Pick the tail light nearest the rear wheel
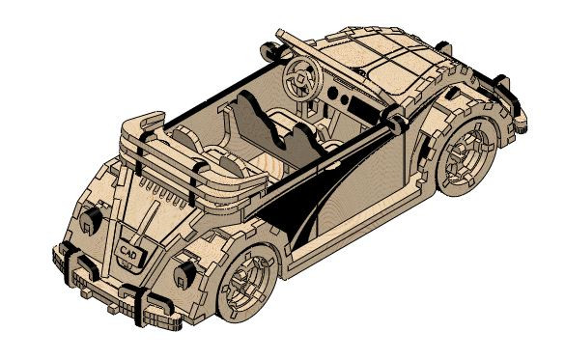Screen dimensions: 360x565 182,275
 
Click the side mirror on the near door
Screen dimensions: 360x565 395,125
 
